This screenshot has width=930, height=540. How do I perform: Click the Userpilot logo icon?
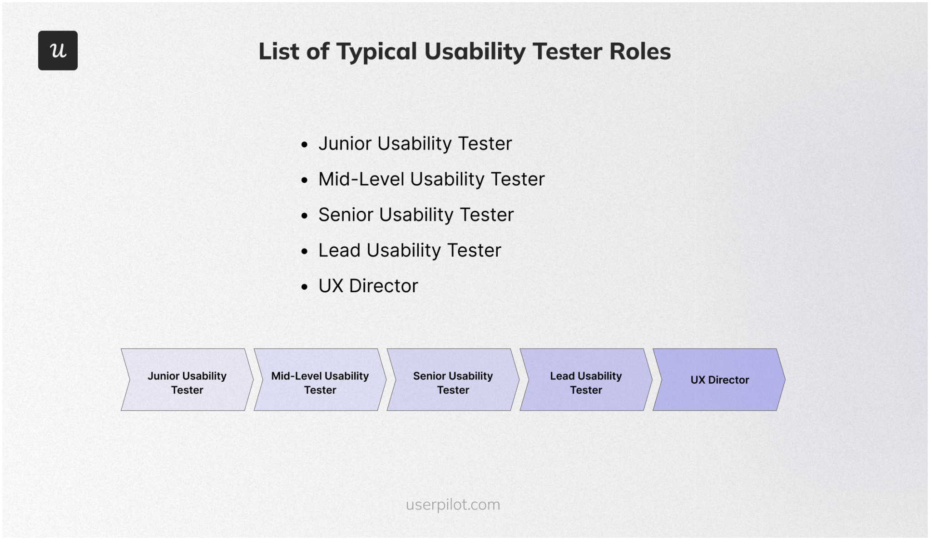point(58,50)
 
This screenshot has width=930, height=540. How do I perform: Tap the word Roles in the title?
point(640,51)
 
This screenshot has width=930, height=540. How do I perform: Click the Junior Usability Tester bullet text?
point(415,144)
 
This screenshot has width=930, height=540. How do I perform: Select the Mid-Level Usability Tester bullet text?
point(431,179)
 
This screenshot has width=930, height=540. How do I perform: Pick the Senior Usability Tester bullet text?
point(416,215)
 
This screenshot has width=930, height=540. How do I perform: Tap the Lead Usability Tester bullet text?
point(410,250)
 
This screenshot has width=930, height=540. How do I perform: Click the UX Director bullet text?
point(368,286)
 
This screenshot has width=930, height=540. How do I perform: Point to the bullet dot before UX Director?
point(305,287)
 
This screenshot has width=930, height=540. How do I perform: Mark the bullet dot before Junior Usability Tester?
point(305,145)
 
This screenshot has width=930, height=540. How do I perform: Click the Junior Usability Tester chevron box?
point(187,380)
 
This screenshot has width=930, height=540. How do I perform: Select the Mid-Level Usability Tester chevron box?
point(320,380)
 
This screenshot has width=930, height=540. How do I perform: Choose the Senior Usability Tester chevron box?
point(453,380)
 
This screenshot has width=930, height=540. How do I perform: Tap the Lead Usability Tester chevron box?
point(586,380)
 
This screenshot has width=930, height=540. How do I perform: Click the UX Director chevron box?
point(719,380)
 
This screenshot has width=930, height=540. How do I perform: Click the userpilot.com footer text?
point(453,505)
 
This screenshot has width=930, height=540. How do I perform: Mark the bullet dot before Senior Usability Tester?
point(305,216)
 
